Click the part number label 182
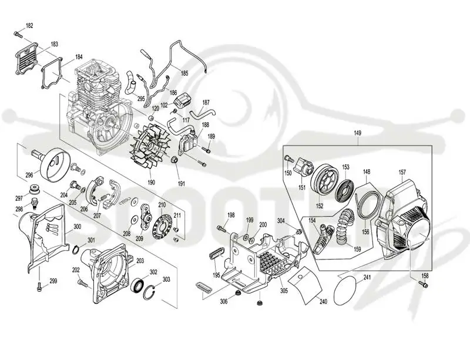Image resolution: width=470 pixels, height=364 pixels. pyautogui.click(x=29, y=25)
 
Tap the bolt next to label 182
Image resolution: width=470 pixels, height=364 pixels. pyautogui.click(x=18, y=34)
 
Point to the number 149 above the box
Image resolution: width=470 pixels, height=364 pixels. pyautogui.click(x=357, y=133)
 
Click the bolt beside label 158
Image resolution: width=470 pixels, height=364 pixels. pyautogui.click(x=423, y=284)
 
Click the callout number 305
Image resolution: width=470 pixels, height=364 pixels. pyautogui.click(x=284, y=290)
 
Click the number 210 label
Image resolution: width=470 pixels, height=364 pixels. pyautogui.click(x=162, y=205)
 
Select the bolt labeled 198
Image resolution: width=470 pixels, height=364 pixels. pyautogui.click(x=221, y=229)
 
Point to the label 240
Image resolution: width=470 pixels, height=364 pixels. pyautogui.click(x=323, y=302)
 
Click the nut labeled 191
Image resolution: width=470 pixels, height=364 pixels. pyautogui.click(x=174, y=159)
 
